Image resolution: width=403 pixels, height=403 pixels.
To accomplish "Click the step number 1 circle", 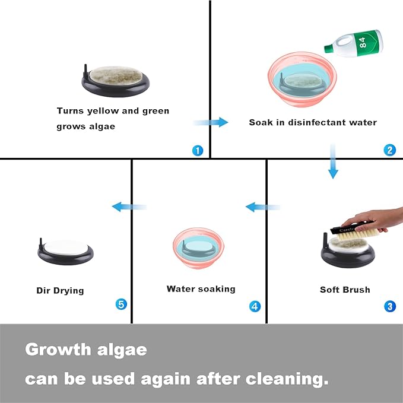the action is (x=198, y=151).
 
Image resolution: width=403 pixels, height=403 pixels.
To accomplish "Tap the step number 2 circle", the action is (x=389, y=150).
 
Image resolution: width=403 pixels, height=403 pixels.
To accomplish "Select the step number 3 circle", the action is (x=389, y=306).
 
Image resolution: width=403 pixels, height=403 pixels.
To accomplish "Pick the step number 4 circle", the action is (x=255, y=306).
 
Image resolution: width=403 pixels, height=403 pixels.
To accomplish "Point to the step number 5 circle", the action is (x=121, y=304).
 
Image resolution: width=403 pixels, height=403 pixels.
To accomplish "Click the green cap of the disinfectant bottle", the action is (x=329, y=48).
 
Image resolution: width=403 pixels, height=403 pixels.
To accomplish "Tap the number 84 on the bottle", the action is (x=363, y=42).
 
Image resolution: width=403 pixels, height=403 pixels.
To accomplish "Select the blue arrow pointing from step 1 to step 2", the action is (x=211, y=122).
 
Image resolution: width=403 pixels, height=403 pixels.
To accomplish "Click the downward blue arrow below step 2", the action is (x=333, y=161).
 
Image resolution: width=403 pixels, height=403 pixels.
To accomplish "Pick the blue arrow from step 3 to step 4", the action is (x=263, y=207).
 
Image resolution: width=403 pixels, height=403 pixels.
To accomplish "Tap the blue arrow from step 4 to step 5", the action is (x=129, y=207).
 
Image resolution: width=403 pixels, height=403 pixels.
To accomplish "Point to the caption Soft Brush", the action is (x=345, y=290).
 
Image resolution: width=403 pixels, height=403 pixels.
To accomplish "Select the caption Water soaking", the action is (x=201, y=289).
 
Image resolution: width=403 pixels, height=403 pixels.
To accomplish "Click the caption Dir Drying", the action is (x=60, y=291).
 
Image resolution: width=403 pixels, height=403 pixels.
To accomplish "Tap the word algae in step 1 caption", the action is (x=102, y=126).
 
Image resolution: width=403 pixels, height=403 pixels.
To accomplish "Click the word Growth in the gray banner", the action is (x=58, y=350).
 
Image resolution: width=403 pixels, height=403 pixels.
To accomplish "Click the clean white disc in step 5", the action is (x=66, y=247).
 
